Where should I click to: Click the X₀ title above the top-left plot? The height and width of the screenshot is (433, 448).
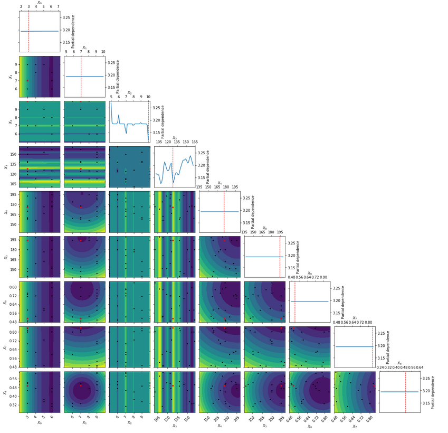(x=40, y=3)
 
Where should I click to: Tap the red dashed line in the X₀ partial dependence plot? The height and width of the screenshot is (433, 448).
(x=28, y=32)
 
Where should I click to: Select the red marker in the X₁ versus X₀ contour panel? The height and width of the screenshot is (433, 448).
(x=27, y=81)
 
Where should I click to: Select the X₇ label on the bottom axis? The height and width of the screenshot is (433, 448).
(x=354, y=422)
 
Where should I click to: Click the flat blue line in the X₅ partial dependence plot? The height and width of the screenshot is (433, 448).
(x=264, y=257)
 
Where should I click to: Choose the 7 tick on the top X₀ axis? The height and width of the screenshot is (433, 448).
(x=58, y=7)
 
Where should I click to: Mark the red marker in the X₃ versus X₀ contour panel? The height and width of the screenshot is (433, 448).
(x=27, y=169)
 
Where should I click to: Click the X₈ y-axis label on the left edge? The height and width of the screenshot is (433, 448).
(x=4, y=392)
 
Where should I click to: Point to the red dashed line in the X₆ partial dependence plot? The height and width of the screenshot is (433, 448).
(x=295, y=301)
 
